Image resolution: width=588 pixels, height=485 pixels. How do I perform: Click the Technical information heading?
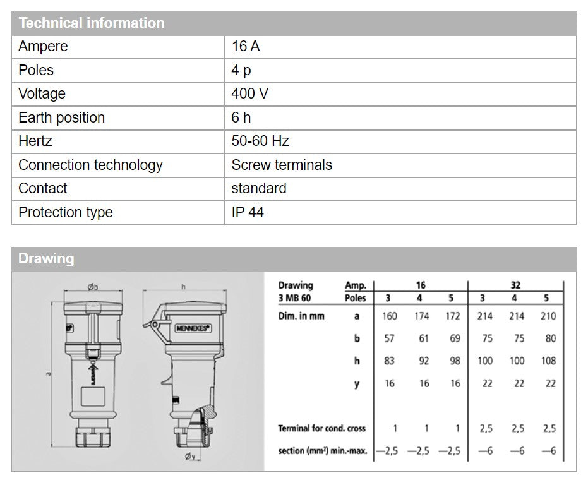tap(92, 23)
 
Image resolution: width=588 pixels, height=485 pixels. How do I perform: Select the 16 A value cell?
tap(246, 47)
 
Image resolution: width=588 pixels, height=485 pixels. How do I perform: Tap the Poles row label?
tap(36, 70)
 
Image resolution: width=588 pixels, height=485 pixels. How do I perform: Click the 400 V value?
tap(249, 94)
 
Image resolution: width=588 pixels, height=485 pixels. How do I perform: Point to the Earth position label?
tap(61, 117)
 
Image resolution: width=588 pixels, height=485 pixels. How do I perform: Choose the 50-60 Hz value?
tap(260, 141)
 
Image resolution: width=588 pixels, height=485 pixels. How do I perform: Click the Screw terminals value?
tap(282, 165)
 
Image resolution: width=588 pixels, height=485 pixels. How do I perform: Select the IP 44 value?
tap(248, 212)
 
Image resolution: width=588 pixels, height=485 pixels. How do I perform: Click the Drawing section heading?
tap(46, 259)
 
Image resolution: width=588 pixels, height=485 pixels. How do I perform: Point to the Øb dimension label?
tap(93, 287)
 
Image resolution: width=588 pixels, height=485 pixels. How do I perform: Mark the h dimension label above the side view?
tap(183, 287)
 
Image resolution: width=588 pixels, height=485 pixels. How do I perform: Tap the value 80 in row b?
tap(550, 338)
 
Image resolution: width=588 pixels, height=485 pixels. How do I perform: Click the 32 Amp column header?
tap(515, 285)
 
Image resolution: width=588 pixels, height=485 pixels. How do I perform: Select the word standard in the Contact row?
tap(259, 188)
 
